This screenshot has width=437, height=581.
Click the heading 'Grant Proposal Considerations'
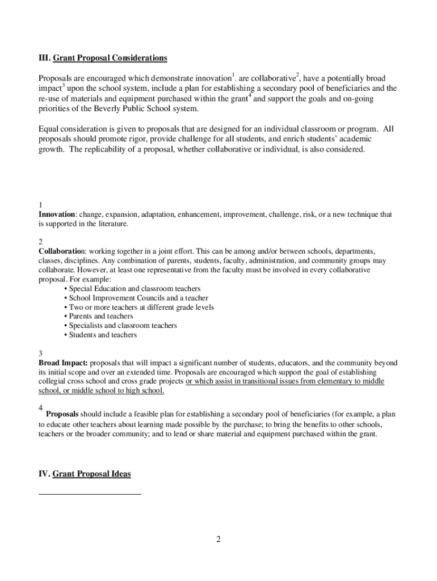(x=110, y=58)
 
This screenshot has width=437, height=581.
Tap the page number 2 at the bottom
(x=218, y=539)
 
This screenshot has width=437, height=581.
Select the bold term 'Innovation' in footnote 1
(x=57, y=214)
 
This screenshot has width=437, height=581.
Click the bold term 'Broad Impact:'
(x=63, y=363)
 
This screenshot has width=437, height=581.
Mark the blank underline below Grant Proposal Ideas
(x=90, y=494)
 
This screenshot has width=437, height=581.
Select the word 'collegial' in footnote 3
(x=52, y=381)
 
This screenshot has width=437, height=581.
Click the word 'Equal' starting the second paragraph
(x=49, y=129)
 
